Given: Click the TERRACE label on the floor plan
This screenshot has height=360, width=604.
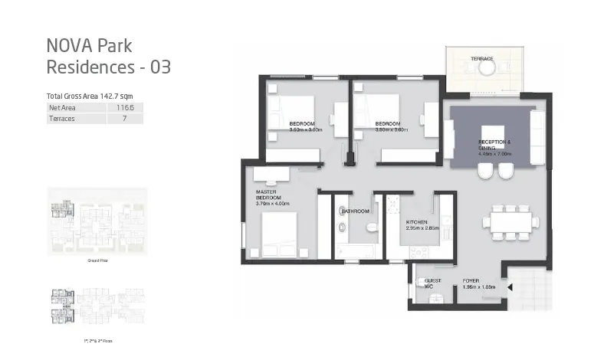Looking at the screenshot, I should click(482, 59).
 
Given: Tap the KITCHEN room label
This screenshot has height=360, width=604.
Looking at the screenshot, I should click(417, 222).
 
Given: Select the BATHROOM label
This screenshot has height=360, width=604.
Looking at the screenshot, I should click(356, 211).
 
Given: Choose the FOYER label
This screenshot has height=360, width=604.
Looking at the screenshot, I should click(471, 281).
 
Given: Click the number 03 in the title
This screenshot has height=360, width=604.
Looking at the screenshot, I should click(159, 67).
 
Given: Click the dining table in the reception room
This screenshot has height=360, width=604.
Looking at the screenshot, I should click(505, 223).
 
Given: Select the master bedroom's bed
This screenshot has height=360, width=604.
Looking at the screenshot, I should click(279, 233).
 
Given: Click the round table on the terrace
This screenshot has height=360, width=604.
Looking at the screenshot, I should click(487, 69).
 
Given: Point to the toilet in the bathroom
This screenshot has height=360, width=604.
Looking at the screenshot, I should click(371, 227).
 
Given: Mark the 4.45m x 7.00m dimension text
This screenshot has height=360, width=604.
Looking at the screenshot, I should click(494, 154).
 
